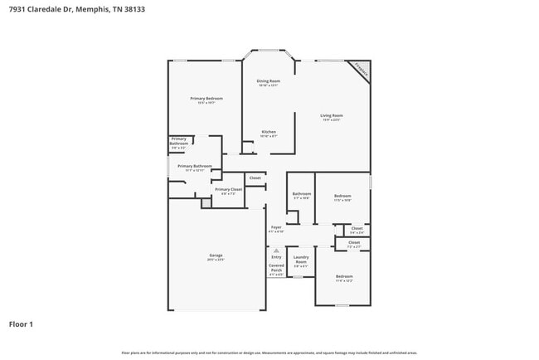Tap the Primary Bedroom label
tap(206, 100)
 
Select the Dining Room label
tap(269, 82)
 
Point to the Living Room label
tap(332, 117)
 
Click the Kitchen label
tap(269, 133)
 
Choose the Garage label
tap(216, 256)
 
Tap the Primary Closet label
tap(228, 191)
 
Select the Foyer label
tap(277, 228)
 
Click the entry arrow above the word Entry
tap(276, 250)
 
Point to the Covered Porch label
tap(276, 269)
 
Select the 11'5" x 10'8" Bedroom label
tap(342, 197)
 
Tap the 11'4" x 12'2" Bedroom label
tap(343, 278)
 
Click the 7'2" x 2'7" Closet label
tap(354, 244)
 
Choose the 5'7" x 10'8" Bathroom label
tap(300, 196)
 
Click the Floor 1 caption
tap(22, 324)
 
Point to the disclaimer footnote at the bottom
tap(269, 353)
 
